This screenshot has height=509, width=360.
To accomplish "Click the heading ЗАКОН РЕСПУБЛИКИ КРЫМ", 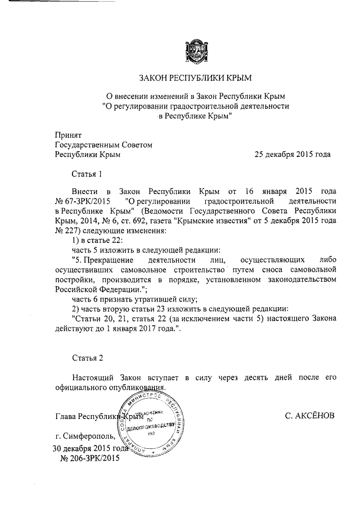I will click(x=195, y=77).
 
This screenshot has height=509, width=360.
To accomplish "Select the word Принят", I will click(x=68, y=135).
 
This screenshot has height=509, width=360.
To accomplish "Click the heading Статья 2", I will click(x=88, y=358).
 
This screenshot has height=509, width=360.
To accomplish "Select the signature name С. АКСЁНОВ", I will click(x=309, y=416).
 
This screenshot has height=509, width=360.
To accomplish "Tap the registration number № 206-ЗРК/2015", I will click(x=89, y=458).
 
